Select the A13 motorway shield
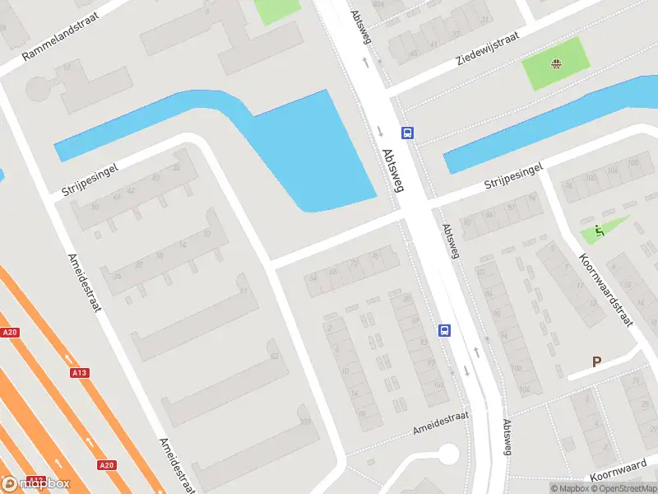coord(80,372)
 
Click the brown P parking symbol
coord(597,361)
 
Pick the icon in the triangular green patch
coord(600,231)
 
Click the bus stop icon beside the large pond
coord(407,133)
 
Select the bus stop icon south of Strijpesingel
coord(444,331)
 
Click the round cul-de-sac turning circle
coord(447,454)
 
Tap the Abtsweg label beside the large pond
coord(393,170)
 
